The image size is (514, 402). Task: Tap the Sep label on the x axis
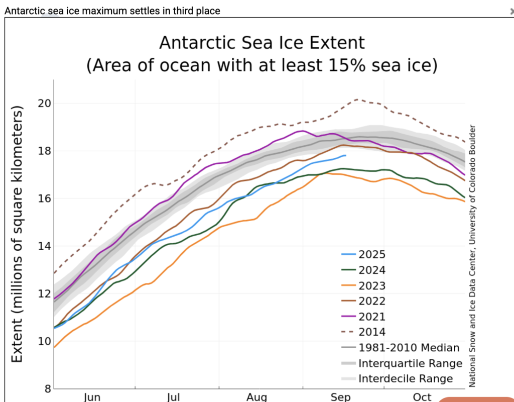point(341,397)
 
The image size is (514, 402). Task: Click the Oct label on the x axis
point(422,397)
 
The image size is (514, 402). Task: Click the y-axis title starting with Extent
point(18,234)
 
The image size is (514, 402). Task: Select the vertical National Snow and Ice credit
point(472,256)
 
